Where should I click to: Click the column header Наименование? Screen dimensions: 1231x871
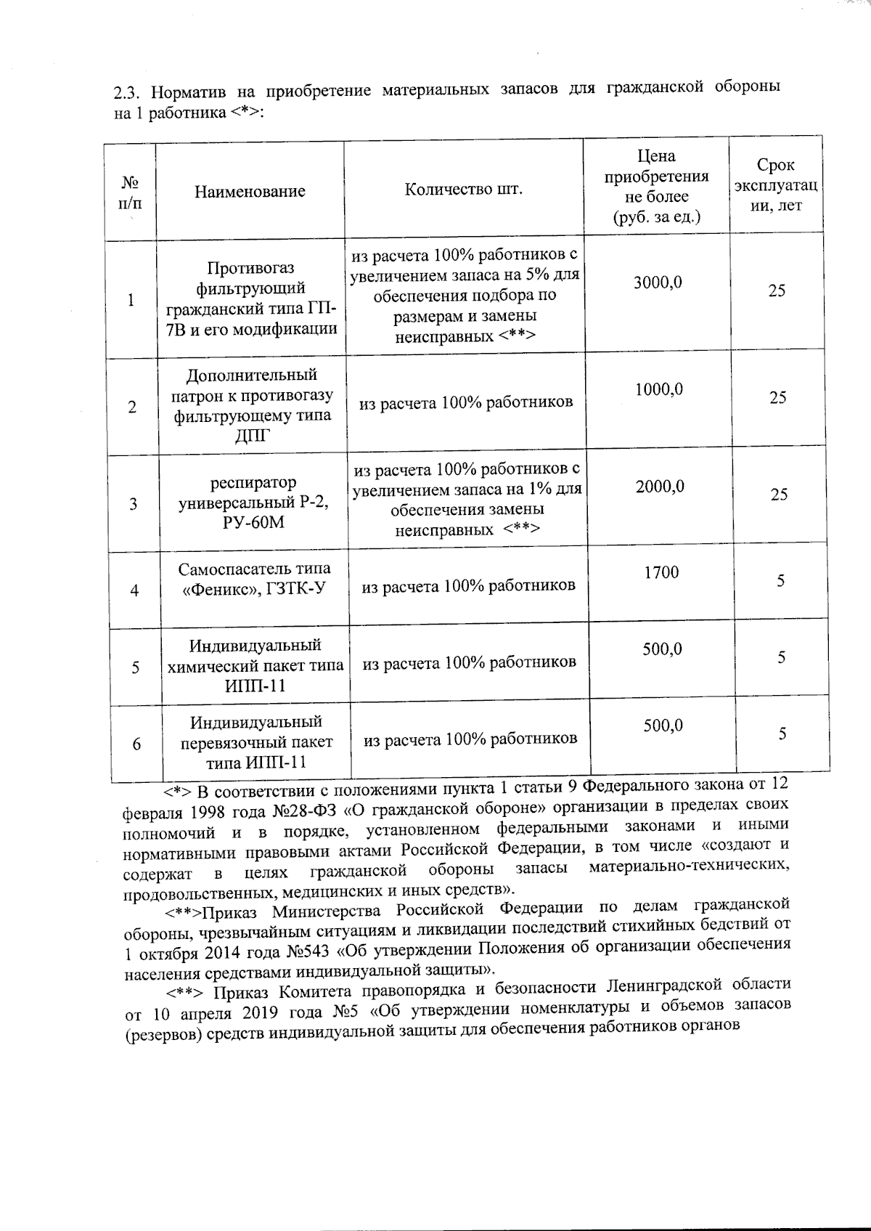(250, 192)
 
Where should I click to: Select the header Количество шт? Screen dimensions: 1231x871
(463, 190)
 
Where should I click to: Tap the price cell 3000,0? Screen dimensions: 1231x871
(658, 283)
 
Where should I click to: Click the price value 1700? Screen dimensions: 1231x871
(661, 572)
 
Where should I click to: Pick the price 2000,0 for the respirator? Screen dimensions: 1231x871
(660, 487)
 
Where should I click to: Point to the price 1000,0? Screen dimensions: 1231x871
(659, 390)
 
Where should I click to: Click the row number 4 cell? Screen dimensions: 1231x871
(134, 590)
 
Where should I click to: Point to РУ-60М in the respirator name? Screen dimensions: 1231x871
(253, 523)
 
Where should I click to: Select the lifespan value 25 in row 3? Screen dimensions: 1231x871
(779, 495)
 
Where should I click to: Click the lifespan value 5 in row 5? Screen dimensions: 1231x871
(782, 657)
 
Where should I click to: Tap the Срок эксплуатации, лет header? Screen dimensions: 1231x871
(775, 186)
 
